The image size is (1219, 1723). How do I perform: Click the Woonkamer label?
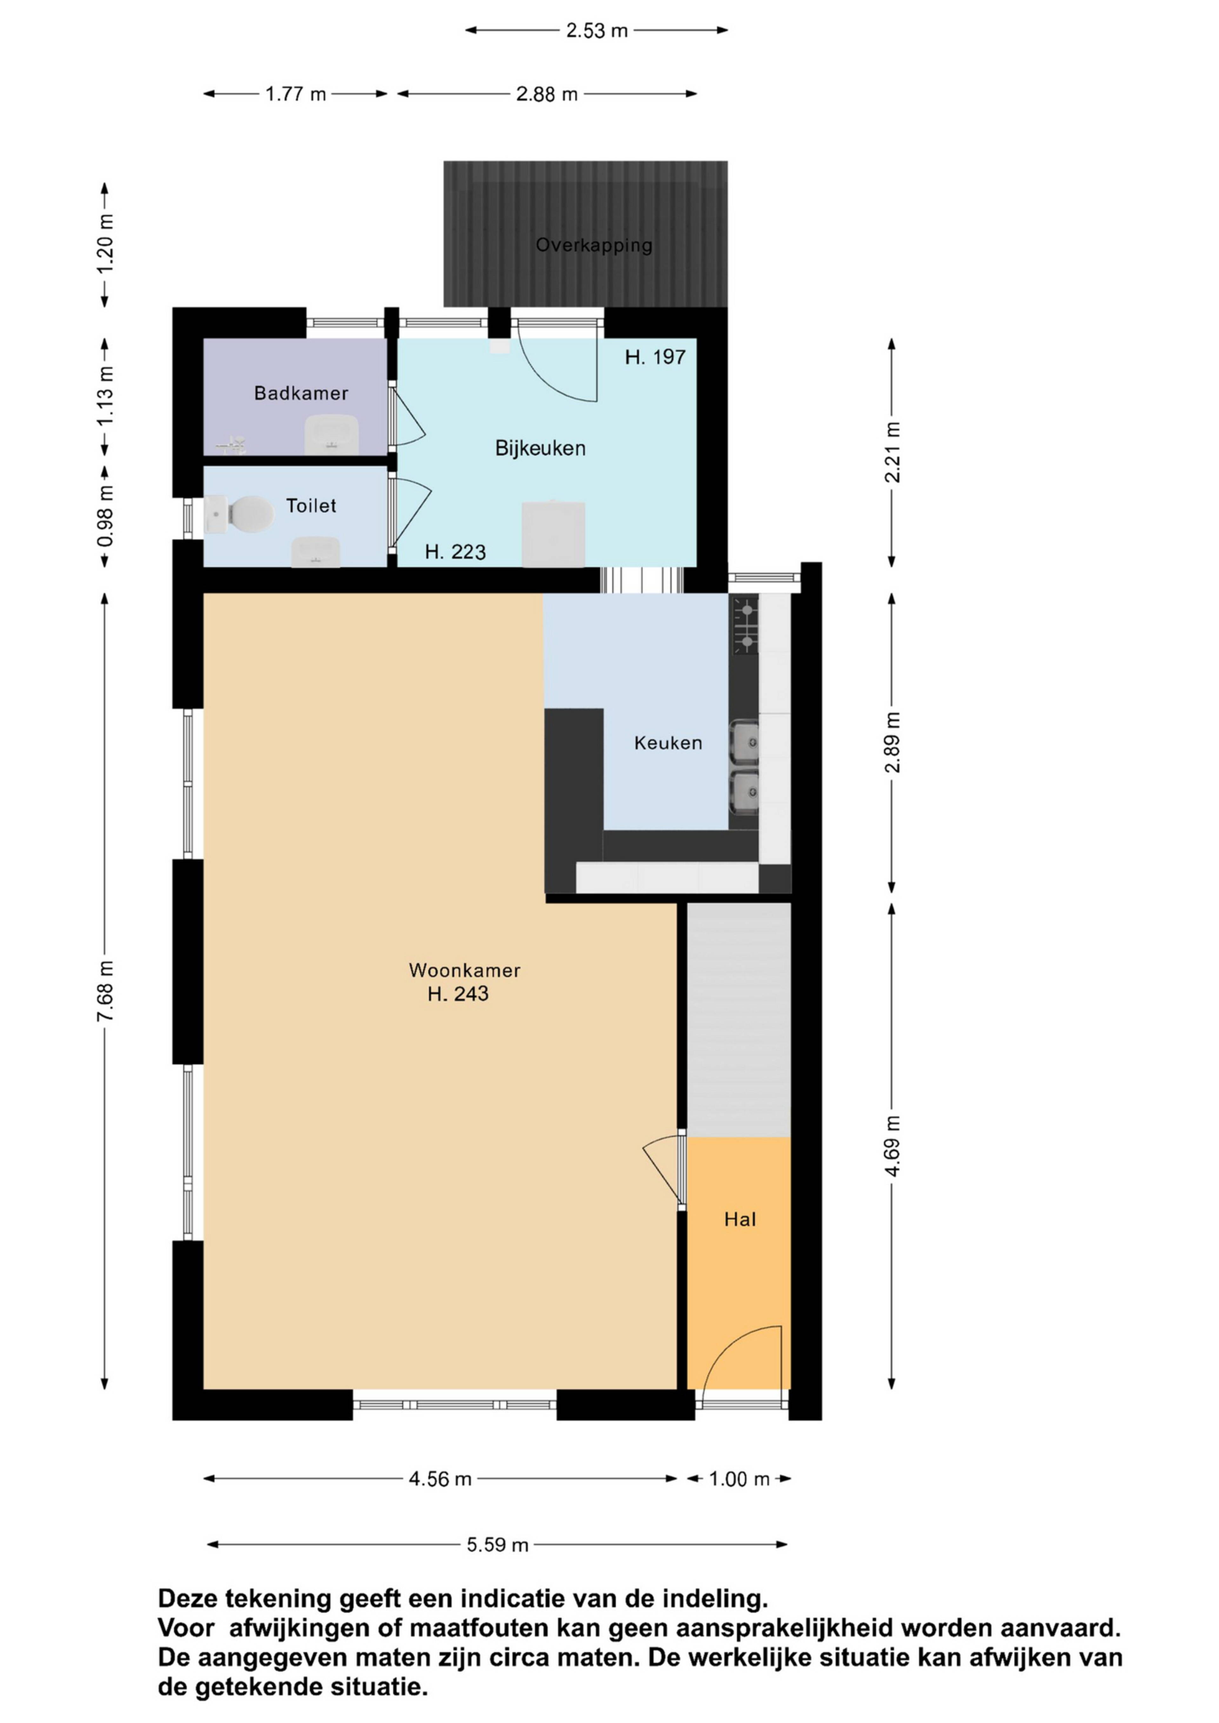[465, 970]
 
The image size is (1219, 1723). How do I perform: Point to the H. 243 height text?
[458, 994]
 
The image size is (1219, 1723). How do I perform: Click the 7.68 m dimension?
[106, 991]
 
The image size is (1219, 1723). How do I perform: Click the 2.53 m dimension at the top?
[597, 31]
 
